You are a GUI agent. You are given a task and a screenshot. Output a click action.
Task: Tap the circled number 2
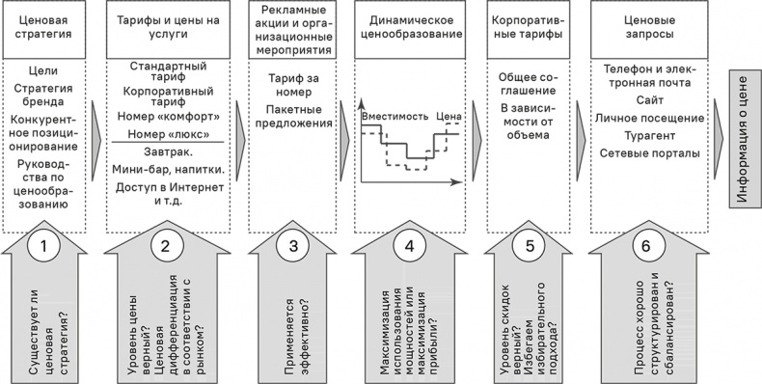(165, 246)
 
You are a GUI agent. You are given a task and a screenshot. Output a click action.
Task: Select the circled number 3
(293, 246)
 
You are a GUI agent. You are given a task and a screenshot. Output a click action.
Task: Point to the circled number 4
(409, 246)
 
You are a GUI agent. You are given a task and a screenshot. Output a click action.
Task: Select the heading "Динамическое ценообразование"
(409, 29)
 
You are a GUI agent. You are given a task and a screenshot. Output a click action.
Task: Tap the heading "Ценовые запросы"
(642, 29)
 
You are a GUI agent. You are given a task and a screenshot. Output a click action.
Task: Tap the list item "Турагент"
(642, 135)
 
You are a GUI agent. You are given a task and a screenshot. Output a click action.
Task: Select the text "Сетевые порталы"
(642, 153)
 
